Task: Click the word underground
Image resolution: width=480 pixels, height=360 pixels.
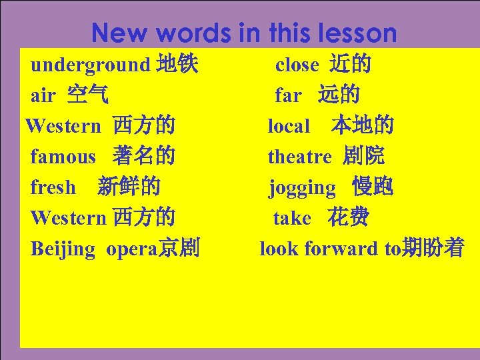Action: [x=90, y=65]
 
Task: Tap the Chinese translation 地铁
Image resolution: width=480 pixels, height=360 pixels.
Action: [x=177, y=65]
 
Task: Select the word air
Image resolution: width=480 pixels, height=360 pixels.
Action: [x=43, y=96]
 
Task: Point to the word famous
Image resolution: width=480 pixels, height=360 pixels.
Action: [x=63, y=157]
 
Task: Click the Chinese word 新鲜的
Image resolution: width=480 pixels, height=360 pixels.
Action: [x=129, y=187]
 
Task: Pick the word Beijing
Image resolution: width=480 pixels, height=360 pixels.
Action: [x=63, y=249]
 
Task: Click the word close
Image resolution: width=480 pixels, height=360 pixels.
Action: [x=297, y=65]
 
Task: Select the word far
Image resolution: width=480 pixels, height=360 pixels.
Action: [x=288, y=96]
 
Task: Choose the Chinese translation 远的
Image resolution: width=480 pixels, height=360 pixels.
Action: [x=339, y=95]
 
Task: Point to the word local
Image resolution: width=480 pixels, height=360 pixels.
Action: [x=289, y=126]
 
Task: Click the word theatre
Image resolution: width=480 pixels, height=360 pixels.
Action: [x=299, y=157]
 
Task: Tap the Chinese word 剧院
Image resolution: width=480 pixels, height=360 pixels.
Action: [x=364, y=157]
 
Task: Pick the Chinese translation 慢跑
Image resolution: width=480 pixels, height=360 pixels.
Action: [x=373, y=187]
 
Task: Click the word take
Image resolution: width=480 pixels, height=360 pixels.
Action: [x=292, y=219]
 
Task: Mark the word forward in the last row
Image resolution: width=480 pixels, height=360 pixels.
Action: [x=341, y=249]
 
